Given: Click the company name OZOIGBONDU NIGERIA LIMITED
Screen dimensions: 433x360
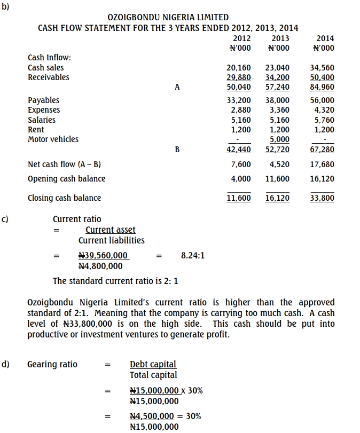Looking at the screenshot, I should click(x=168, y=18).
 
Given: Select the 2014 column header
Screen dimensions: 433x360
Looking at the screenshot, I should click(x=325, y=38).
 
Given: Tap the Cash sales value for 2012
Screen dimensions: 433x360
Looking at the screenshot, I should click(x=239, y=68).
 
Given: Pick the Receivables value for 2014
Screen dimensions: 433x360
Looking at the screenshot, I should click(x=322, y=77).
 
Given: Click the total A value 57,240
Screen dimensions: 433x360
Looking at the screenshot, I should click(x=277, y=87).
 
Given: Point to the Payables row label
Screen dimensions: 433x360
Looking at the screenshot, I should click(x=44, y=100).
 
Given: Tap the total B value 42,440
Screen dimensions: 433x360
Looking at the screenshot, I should click(x=239, y=149).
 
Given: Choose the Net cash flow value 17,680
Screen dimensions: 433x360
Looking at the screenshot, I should click(x=322, y=164).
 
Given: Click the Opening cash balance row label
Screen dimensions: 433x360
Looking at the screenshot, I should click(x=67, y=179).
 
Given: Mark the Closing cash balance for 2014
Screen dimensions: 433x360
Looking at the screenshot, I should click(x=322, y=198).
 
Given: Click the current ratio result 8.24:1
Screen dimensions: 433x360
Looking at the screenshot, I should click(x=193, y=256).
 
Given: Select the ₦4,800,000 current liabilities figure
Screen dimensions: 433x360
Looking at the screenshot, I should click(x=100, y=266).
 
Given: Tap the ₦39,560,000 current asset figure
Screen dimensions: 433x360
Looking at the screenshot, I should click(x=103, y=256).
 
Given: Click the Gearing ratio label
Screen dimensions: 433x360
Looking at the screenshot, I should click(x=52, y=365).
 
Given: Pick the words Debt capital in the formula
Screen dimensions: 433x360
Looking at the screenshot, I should click(x=153, y=365).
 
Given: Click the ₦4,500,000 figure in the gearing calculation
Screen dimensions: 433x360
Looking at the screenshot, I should click(x=152, y=416).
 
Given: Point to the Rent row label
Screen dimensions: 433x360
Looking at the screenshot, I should click(x=36, y=130).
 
